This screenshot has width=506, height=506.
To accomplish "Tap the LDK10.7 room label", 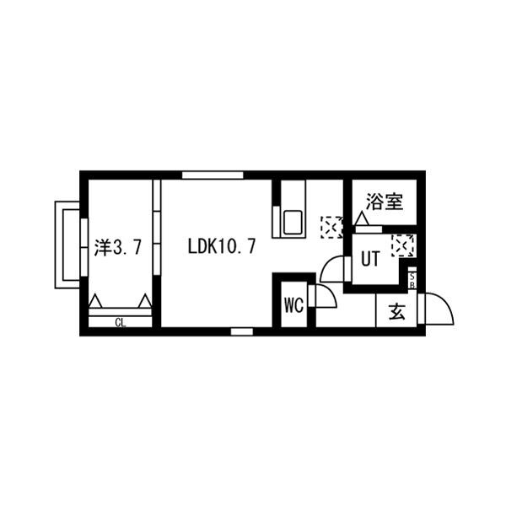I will pos(223,247).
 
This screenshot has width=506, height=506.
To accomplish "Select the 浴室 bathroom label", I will pos(385,202).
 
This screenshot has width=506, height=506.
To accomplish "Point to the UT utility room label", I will pos(370,260).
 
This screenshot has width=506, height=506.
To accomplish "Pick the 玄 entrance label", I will pos(396,311).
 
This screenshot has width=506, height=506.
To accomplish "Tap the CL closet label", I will pos(120,321).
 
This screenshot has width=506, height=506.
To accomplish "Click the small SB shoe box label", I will pos(412,278).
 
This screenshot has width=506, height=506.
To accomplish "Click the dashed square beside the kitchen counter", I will pos(331,227).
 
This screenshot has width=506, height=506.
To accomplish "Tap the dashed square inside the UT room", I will pos(402,245).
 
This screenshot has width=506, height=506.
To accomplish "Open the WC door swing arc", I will pos(324,297).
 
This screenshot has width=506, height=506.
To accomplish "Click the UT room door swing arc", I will pos(333,269).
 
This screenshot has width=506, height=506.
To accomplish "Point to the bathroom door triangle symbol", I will pos(362,219).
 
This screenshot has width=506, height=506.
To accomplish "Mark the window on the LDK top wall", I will pos(207,175).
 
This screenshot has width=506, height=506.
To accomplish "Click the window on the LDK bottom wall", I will pos(241,331).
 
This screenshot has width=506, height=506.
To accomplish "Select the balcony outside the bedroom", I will pos(67,245).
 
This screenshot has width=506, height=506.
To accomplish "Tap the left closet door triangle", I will pos(95,301).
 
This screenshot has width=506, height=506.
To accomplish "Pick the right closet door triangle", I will pos(145,301).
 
